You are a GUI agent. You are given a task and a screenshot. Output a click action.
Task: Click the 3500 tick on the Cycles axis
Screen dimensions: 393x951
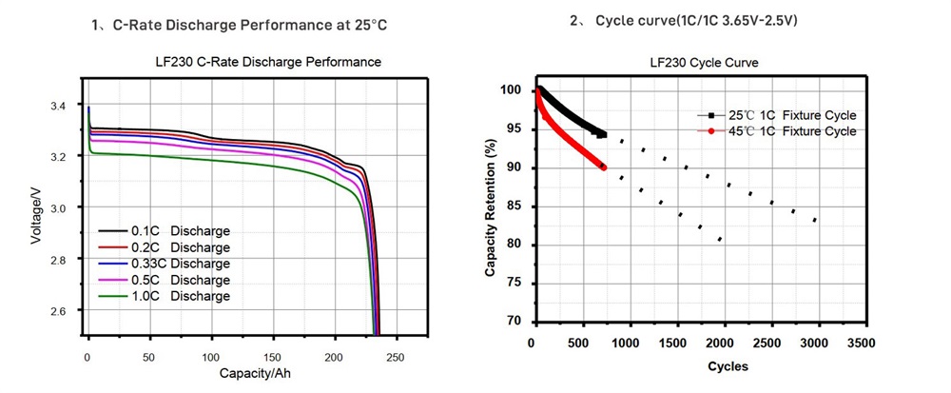coord(862,343)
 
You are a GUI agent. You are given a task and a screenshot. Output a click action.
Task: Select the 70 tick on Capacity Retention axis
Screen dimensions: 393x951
coord(514,322)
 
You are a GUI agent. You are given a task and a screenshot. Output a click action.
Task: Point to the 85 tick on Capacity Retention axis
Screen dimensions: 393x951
coord(514,206)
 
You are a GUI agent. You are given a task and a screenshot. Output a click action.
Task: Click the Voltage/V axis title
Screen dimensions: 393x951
coord(35,214)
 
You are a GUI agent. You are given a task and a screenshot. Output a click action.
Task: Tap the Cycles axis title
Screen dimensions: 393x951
coord(727,365)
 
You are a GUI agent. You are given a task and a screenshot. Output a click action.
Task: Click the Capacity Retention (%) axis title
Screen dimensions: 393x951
coord(491,206)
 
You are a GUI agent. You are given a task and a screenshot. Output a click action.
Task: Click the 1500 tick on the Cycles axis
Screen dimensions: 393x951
coord(674,343)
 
